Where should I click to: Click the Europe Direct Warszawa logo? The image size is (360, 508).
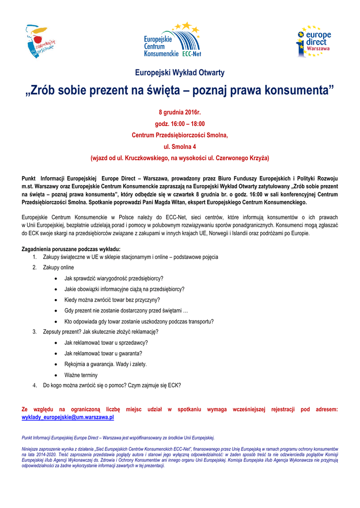pyautogui.click(x=314, y=41)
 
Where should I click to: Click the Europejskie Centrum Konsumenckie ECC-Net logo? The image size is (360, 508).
pyautogui.click(x=171, y=40)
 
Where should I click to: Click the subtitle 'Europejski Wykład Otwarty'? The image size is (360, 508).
pyautogui.click(x=180, y=73)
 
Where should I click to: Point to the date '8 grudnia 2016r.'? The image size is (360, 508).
pyautogui.click(x=180, y=113)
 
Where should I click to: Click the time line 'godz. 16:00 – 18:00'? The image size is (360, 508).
pyautogui.click(x=180, y=124)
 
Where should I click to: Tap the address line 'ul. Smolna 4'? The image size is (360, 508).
pyautogui.click(x=180, y=147)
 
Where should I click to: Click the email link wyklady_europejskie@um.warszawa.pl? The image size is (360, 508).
pyautogui.click(x=68, y=418)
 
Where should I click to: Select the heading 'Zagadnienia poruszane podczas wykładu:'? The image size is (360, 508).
pyautogui.click(x=71, y=249)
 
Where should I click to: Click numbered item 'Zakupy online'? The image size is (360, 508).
pyautogui.click(x=58, y=267)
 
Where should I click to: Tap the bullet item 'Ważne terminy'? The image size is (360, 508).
pyautogui.click(x=81, y=375)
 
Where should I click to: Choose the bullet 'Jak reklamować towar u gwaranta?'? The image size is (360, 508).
pyautogui.click(x=103, y=353)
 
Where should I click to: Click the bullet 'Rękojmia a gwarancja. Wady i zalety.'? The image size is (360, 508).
pyautogui.click(x=105, y=364)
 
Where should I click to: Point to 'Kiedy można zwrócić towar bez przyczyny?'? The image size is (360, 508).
pyautogui.click(x=112, y=300)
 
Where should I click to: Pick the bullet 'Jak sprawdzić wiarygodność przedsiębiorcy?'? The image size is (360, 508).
pyautogui.click(x=114, y=278)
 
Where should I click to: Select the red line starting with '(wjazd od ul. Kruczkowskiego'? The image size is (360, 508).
pyautogui.click(x=180, y=158)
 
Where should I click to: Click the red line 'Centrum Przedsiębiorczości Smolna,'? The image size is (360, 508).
pyautogui.click(x=180, y=135)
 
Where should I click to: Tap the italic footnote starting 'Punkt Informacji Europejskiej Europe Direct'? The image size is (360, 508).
pyautogui.click(x=118, y=438)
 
